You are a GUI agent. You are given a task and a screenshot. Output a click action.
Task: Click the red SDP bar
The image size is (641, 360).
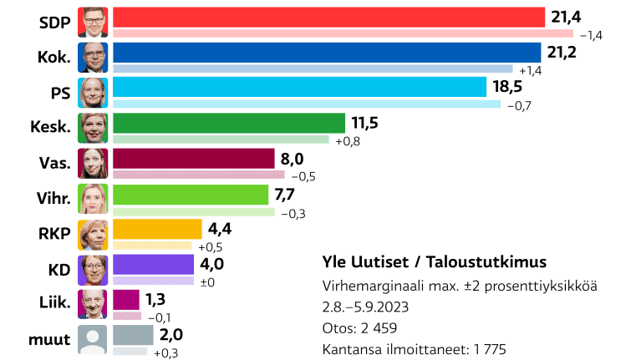pyautogui.click(x=328, y=17)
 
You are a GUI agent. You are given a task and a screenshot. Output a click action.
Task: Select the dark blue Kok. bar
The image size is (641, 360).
pyautogui.click(x=327, y=52)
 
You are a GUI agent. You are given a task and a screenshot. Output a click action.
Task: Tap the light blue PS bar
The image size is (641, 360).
pyautogui.click(x=298, y=87)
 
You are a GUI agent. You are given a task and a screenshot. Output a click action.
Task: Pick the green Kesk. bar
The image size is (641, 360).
pyautogui.click(x=228, y=123)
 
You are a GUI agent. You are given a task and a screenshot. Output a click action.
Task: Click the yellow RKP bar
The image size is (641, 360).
pyautogui.click(x=157, y=229)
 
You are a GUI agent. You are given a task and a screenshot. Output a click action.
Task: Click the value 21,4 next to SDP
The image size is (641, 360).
pyautogui.click(x=564, y=17)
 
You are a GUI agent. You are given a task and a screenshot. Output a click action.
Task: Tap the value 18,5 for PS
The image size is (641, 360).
pyautogui.click(x=508, y=87)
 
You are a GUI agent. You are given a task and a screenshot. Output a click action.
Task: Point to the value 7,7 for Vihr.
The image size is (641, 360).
pyautogui.click(x=296, y=194)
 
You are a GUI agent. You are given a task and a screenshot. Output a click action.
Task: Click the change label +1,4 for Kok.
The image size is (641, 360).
pyautogui.click(x=531, y=69)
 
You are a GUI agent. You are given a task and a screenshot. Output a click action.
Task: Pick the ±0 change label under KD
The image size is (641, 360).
pyautogui.click(x=209, y=282)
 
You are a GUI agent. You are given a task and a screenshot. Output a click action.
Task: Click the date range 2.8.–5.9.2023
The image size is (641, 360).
pyautogui.click(x=365, y=307)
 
